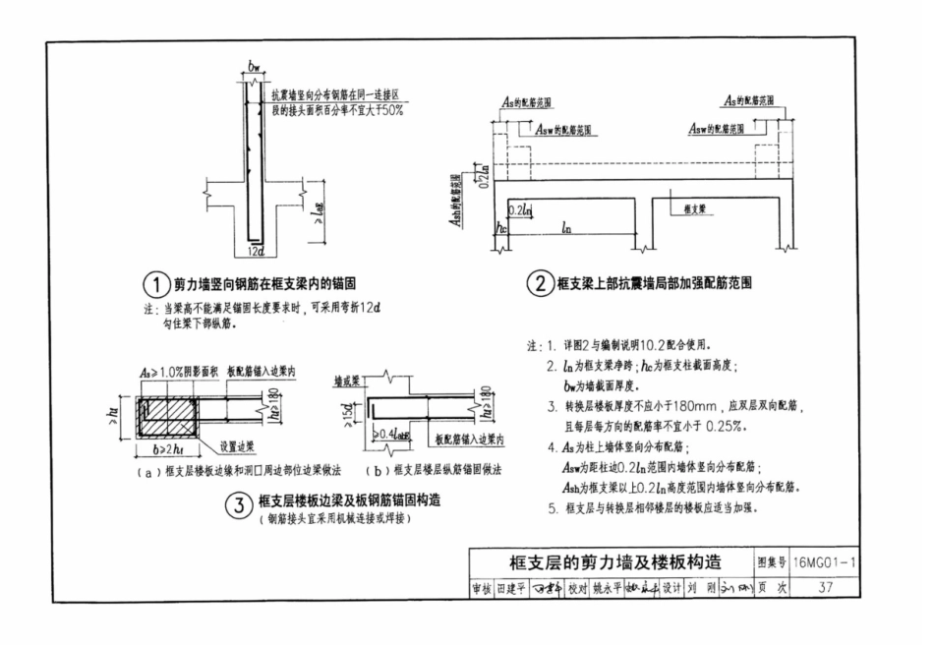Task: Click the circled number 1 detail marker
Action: click(x=155, y=285)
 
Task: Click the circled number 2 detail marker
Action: click(x=539, y=286)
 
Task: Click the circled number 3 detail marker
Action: click(x=239, y=506)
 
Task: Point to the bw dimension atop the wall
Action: click(x=254, y=68)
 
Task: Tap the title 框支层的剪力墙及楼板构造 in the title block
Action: click(x=614, y=562)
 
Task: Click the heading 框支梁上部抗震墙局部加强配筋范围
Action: click(x=654, y=286)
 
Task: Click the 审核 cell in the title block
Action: click(x=481, y=587)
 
